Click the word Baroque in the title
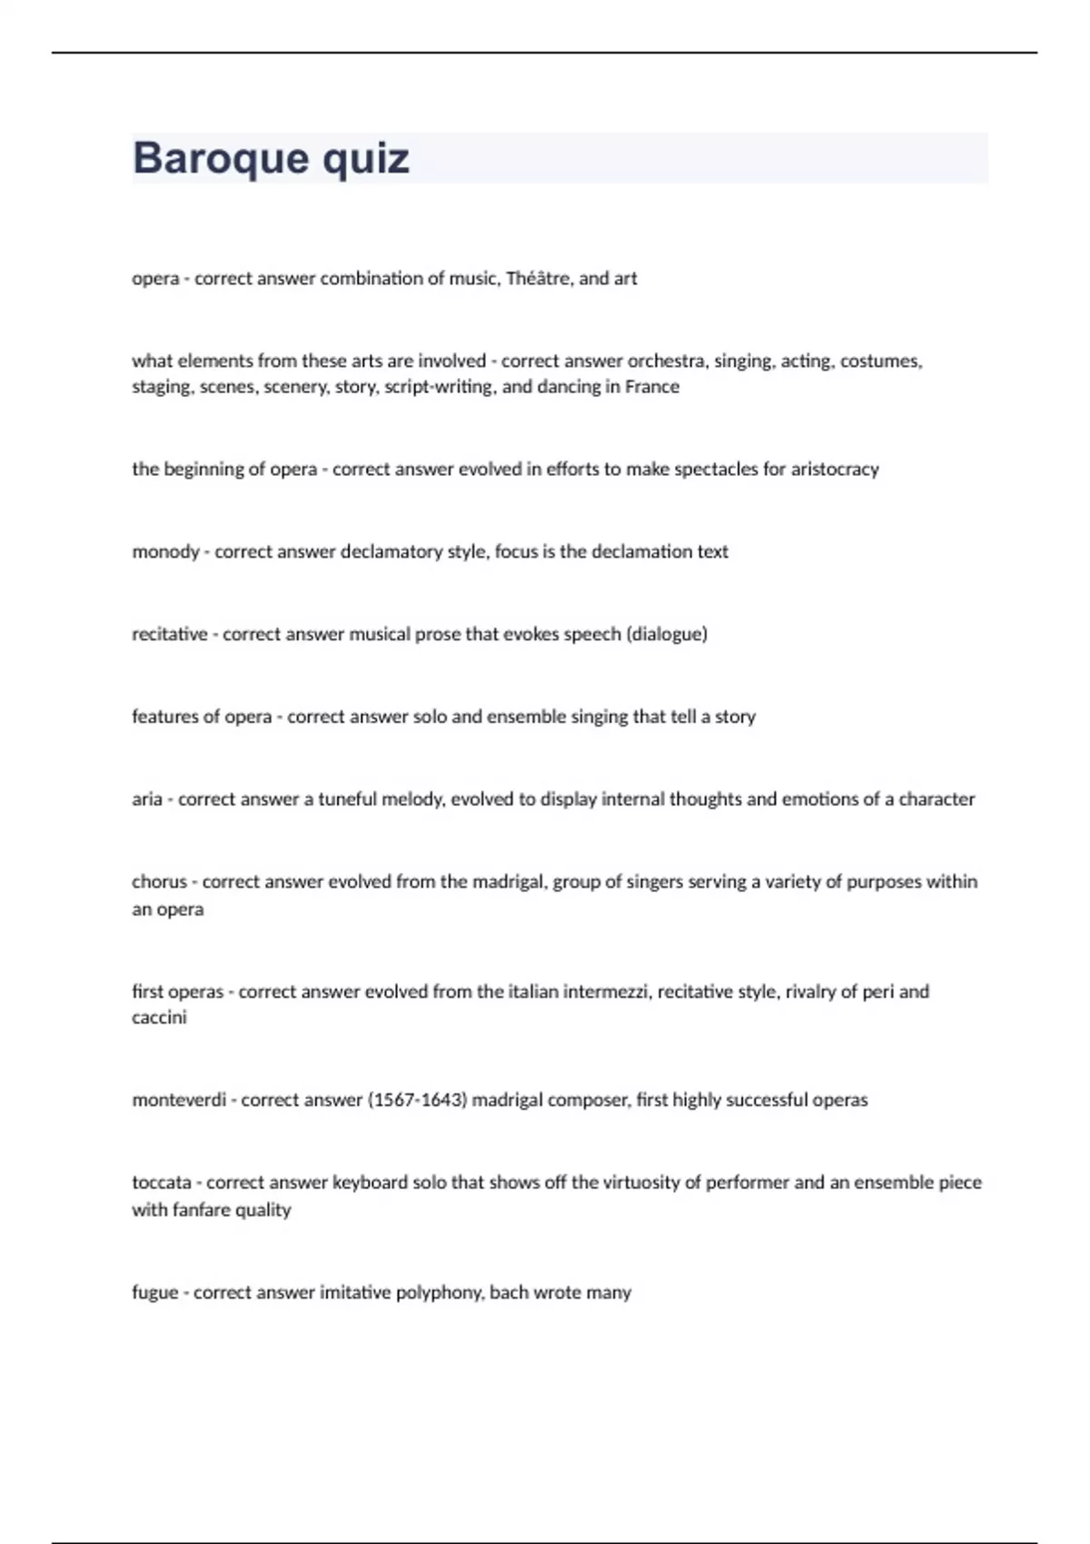coord(207,159)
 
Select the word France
coord(651,387)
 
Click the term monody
coord(165,552)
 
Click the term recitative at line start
coord(170,634)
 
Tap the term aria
coord(146,799)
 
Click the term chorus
coord(159,882)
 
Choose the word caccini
coord(159,1018)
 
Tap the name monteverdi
coord(179,1101)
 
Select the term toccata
coord(162,1183)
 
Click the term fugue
coord(154,1292)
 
